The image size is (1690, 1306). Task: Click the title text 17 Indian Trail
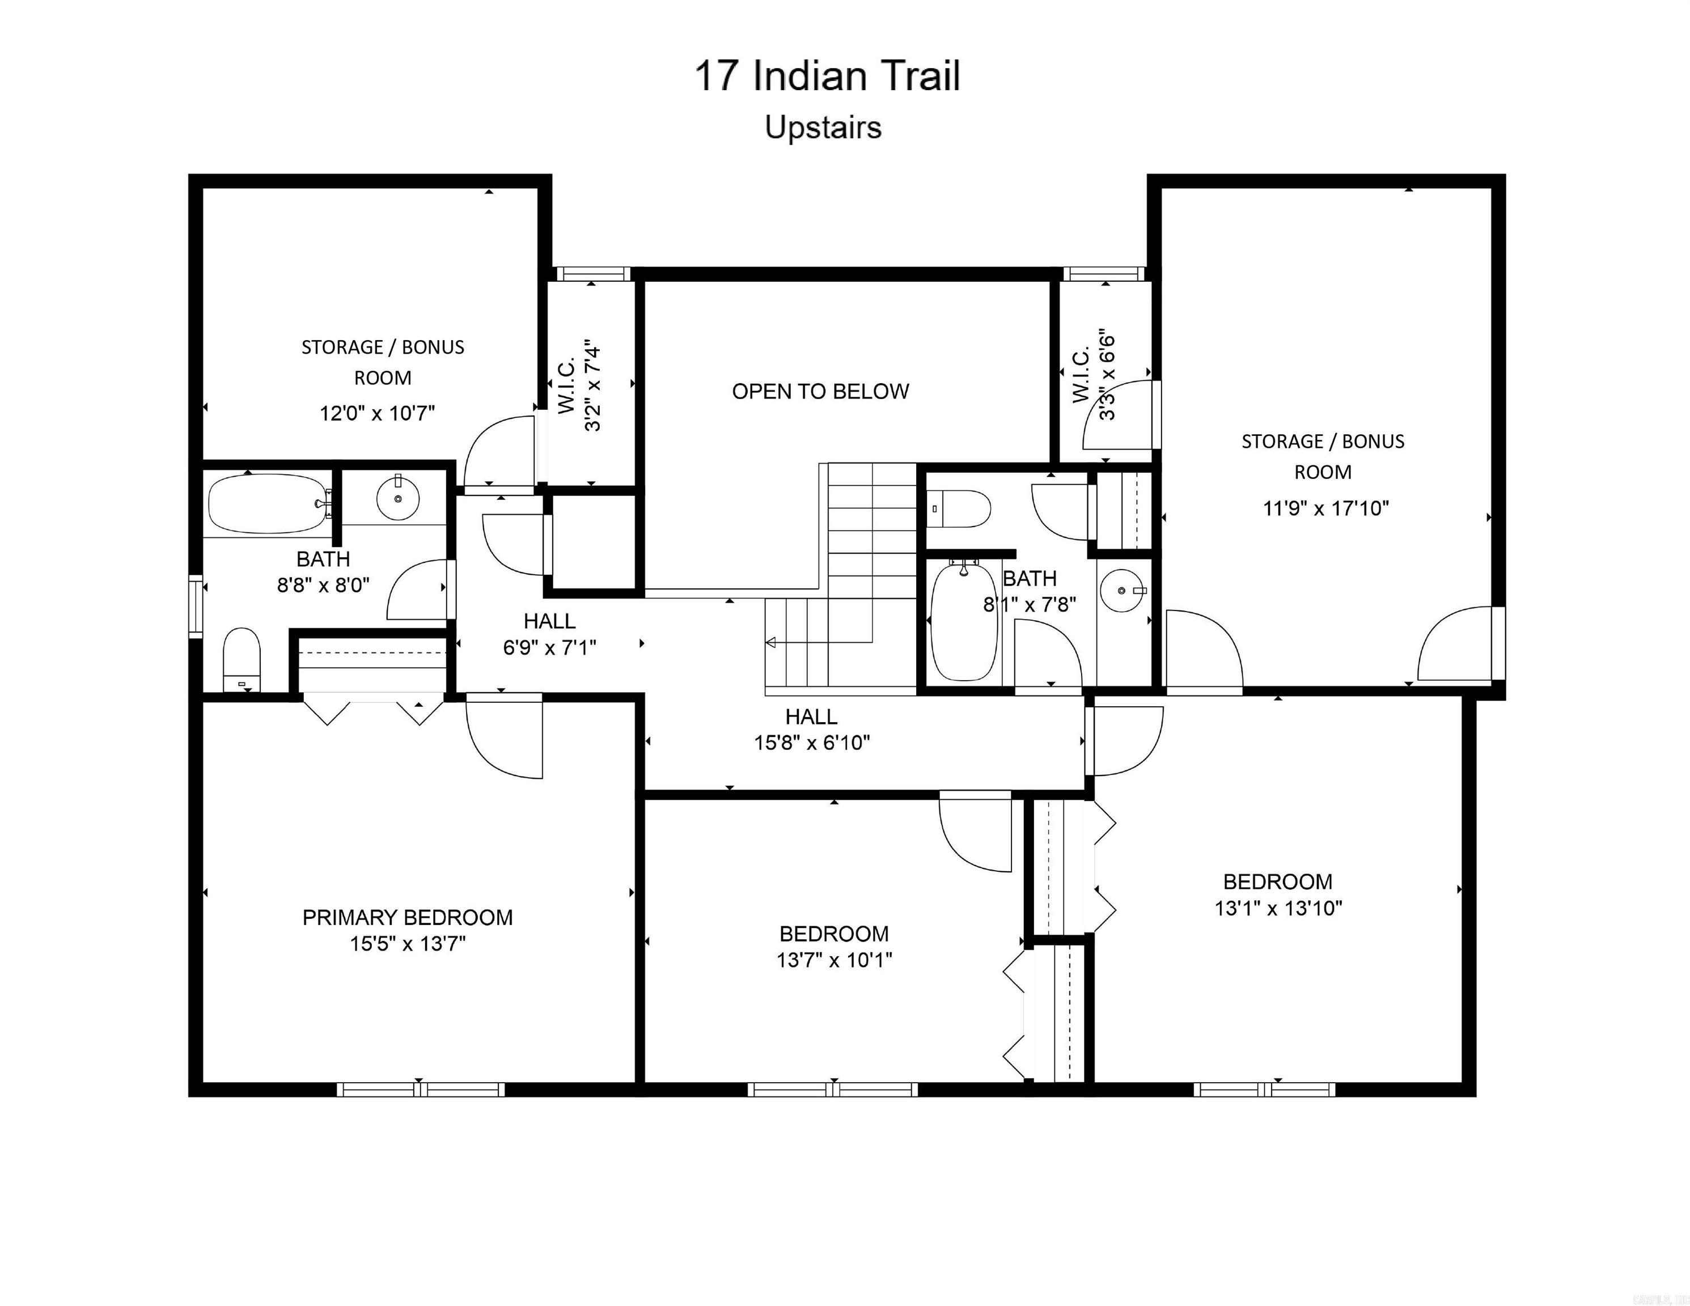point(827,77)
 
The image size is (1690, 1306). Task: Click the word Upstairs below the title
point(823,128)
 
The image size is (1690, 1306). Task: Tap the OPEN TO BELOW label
point(820,392)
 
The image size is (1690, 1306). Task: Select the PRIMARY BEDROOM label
point(407,918)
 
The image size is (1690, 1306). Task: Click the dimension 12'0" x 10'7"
point(378,413)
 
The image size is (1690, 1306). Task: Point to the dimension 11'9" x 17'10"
point(1325,508)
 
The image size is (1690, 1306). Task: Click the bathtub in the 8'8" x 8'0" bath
point(266,504)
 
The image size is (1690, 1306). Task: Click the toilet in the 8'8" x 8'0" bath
point(242,658)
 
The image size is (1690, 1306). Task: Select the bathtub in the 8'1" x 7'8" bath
point(963,623)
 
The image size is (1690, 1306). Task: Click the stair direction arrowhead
point(770,642)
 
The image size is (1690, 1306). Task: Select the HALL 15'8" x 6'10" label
point(812,730)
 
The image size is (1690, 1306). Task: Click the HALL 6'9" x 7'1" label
point(549,634)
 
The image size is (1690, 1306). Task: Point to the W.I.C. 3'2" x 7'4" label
point(579,384)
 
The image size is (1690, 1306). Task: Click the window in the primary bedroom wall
point(420,1089)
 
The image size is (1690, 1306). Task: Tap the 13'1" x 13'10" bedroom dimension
point(1277,908)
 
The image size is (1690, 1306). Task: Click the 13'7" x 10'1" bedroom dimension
point(834,960)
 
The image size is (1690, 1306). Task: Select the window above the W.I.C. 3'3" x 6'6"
point(1103,274)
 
